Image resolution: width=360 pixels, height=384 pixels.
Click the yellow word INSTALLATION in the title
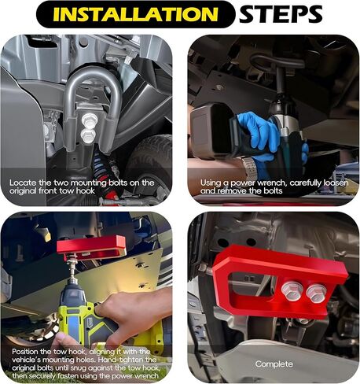point(135,14)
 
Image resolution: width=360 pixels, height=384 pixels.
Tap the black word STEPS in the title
point(281,14)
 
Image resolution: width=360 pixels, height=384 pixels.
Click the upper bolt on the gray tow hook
point(90,120)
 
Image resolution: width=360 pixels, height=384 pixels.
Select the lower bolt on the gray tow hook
point(88,135)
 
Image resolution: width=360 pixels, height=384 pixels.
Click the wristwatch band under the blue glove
point(249,167)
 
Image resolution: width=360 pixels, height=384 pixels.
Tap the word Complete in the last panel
point(274,364)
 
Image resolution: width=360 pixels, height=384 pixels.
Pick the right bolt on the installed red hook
point(317,292)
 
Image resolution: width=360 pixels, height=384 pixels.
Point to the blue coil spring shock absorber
point(104,171)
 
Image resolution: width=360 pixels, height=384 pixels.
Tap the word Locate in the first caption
point(23,183)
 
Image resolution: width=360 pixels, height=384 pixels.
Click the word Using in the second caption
point(211,183)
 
